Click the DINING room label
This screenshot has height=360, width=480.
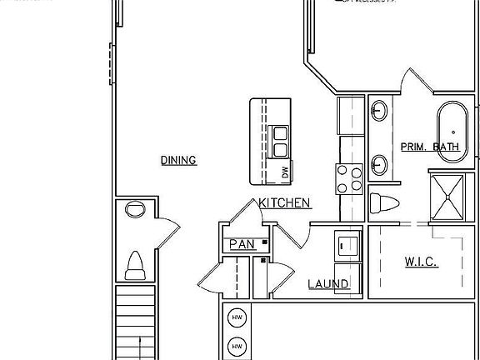178,160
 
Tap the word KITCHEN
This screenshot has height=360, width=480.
285,202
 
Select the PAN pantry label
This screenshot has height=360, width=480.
242,244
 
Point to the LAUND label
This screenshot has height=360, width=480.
328,284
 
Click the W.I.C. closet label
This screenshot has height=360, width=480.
422,262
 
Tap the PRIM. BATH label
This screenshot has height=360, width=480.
430,147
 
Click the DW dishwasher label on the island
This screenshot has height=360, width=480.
284,172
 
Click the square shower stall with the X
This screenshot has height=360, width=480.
448,197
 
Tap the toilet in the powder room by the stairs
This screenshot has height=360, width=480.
134,267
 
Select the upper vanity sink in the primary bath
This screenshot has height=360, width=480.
379,109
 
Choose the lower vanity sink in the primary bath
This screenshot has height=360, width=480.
379,162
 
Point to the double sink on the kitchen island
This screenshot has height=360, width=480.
280,141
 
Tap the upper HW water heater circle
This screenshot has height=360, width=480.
237,318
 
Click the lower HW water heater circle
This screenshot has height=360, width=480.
237,346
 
